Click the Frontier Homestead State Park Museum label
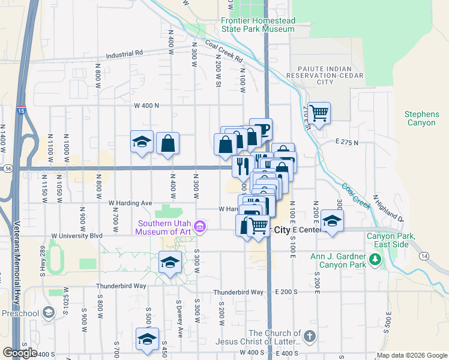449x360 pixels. (x=258, y=25)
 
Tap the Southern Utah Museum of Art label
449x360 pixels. (x=164, y=226)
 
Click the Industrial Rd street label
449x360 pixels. (x=124, y=53)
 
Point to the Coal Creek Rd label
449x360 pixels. (x=223, y=52)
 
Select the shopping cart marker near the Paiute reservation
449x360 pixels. (x=319, y=112)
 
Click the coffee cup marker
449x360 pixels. (x=261, y=128)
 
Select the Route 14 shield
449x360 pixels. (x=424, y=256)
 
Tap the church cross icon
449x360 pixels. (x=309, y=336)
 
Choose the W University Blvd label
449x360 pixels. (x=78, y=236)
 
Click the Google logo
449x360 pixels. (x=20, y=353)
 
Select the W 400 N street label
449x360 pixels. (x=146, y=106)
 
